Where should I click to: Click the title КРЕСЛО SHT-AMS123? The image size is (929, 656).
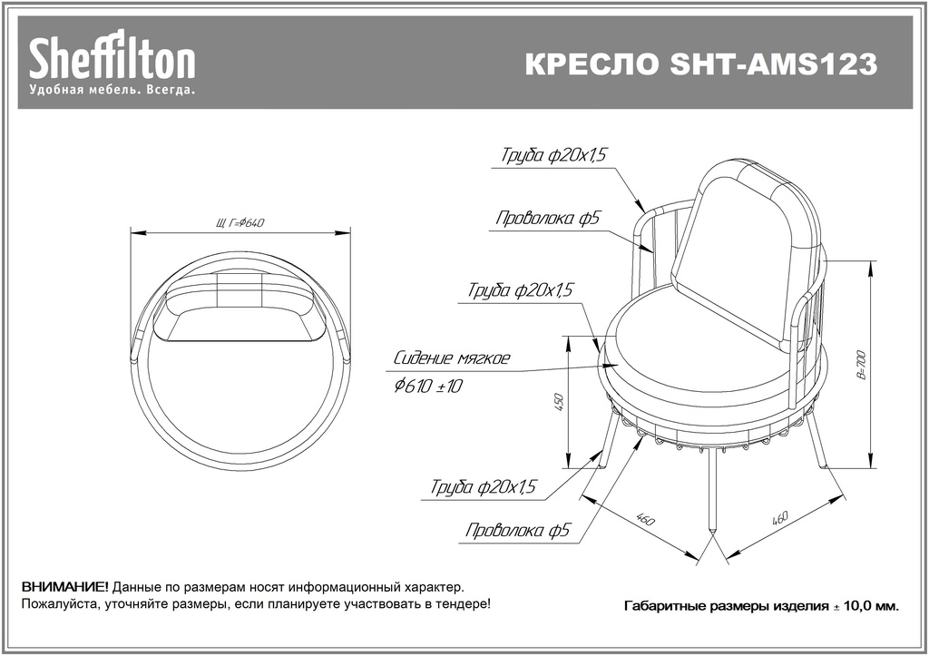[x=701, y=64]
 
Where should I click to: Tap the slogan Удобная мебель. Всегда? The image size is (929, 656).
[x=112, y=90]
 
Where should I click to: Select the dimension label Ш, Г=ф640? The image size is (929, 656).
[x=240, y=223]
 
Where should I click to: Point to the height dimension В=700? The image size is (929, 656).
[x=862, y=365]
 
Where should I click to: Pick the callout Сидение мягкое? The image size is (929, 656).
[x=452, y=358]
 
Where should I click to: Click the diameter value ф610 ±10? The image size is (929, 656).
[x=428, y=387]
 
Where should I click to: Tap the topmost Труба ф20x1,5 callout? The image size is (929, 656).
[x=554, y=155]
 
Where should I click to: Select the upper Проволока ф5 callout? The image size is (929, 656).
[x=548, y=218]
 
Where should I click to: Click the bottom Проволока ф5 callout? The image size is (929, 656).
[x=517, y=530]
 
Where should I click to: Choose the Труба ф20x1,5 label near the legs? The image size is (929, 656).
[x=484, y=487]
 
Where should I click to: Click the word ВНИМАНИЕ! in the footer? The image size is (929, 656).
[x=65, y=588]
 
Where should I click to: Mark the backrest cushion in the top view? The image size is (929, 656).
[x=240, y=307]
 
